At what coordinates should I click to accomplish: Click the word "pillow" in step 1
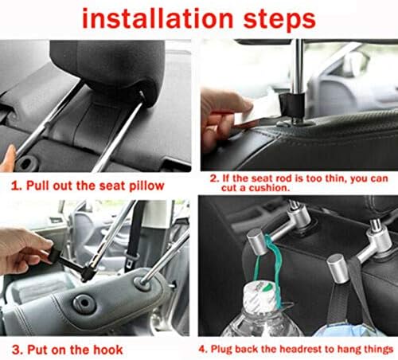146,185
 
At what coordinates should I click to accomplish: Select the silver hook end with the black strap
338,264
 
